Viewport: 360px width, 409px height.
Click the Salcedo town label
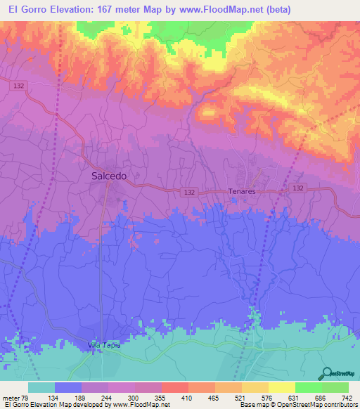tap(109, 176)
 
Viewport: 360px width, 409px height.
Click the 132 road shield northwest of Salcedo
tap(19, 84)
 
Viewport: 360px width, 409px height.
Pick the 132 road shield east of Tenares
tap(298, 188)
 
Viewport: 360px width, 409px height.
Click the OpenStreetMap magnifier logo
tap(328, 373)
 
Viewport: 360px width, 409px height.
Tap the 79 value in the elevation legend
tap(25, 398)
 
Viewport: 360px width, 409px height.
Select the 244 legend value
tap(105, 398)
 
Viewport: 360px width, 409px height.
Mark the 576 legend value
tap(266, 398)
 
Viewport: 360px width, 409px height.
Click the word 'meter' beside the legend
tap(11, 398)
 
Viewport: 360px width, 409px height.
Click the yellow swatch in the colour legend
tap(281, 387)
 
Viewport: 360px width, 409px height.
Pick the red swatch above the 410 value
tap(174, 387)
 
